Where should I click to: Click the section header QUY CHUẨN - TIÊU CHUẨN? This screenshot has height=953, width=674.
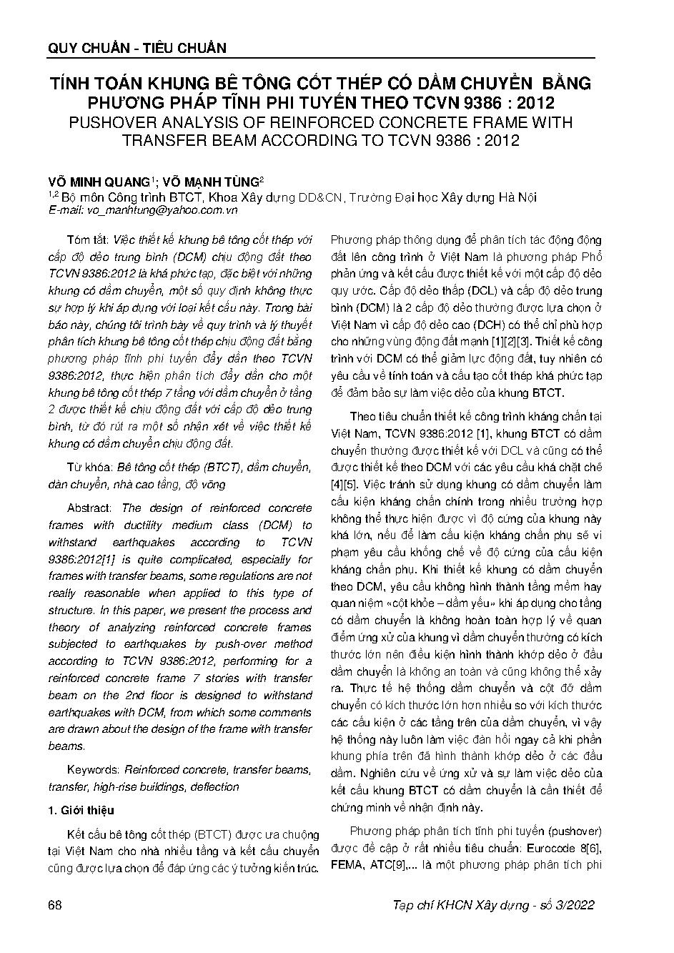[x=137, y=48]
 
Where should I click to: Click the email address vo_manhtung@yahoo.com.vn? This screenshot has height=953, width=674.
[x=162, y=210]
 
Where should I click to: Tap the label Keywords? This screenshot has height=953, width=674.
[x=93, y=770]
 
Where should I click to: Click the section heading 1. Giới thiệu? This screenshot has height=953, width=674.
[x=80, y=810]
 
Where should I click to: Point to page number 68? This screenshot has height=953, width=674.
[x=55, y=905]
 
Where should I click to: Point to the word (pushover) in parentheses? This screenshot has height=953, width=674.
[x=572, y=831]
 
